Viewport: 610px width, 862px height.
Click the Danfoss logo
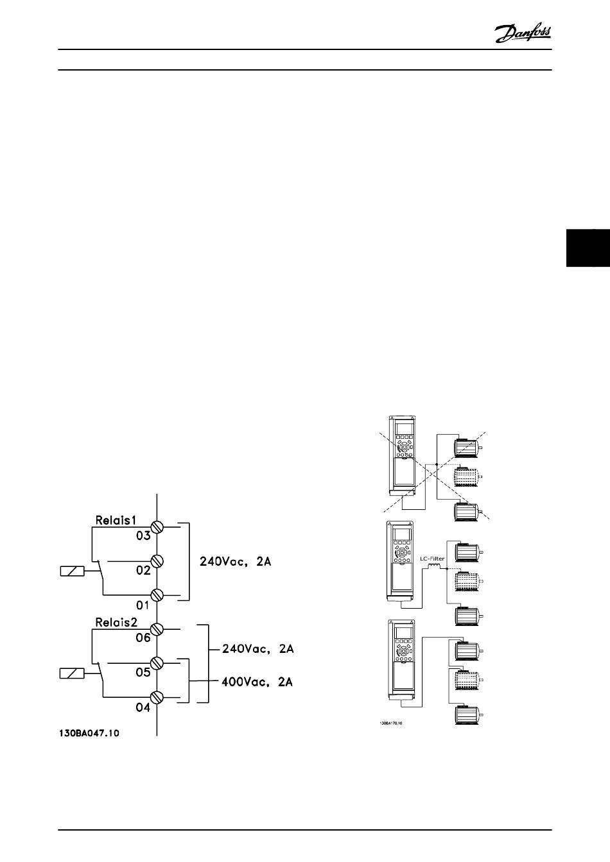523,32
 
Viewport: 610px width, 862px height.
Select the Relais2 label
116,621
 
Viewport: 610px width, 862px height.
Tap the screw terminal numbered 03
157,527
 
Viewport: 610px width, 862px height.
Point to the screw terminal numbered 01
157,595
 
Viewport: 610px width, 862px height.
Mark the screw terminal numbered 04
157,697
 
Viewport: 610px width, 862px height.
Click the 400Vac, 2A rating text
257,682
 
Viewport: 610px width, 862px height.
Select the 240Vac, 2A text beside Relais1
236,562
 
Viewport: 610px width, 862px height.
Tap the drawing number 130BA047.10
87,732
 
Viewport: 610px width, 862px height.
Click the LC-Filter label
433,559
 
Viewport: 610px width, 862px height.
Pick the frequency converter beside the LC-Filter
401,561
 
